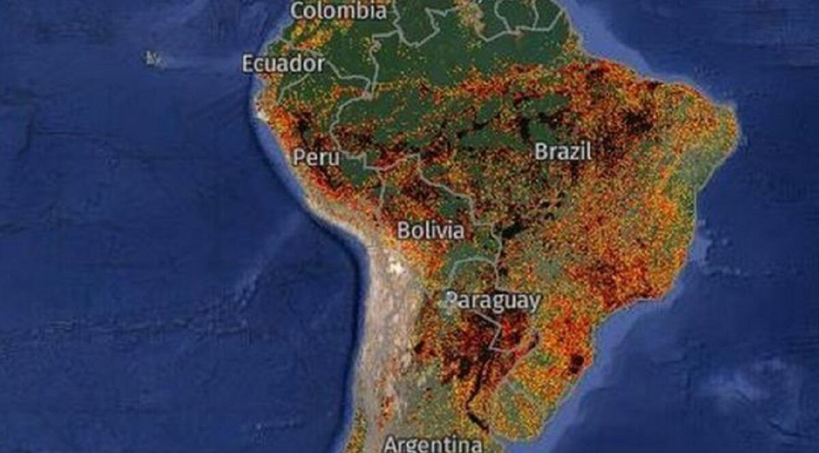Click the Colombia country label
pyautogui.click(x=338, y=11)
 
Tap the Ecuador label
pyautogui.click(x=283, y=63)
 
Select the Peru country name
pyautogui.click(x=316, y=157)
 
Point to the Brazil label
pyautogui.click(x=563, y=151)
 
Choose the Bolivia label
pyautogui.click(x=431, y=231)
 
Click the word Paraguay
pyautogui.click(x=493, y=301)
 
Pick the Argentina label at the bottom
pyautogui.click(x=432, y=445)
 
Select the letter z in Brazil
pyautogui.click(x=575, y=152)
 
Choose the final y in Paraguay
pyautogui.click(x=534, y=303)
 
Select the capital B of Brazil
pyautogui.click(x=541, y=151)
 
